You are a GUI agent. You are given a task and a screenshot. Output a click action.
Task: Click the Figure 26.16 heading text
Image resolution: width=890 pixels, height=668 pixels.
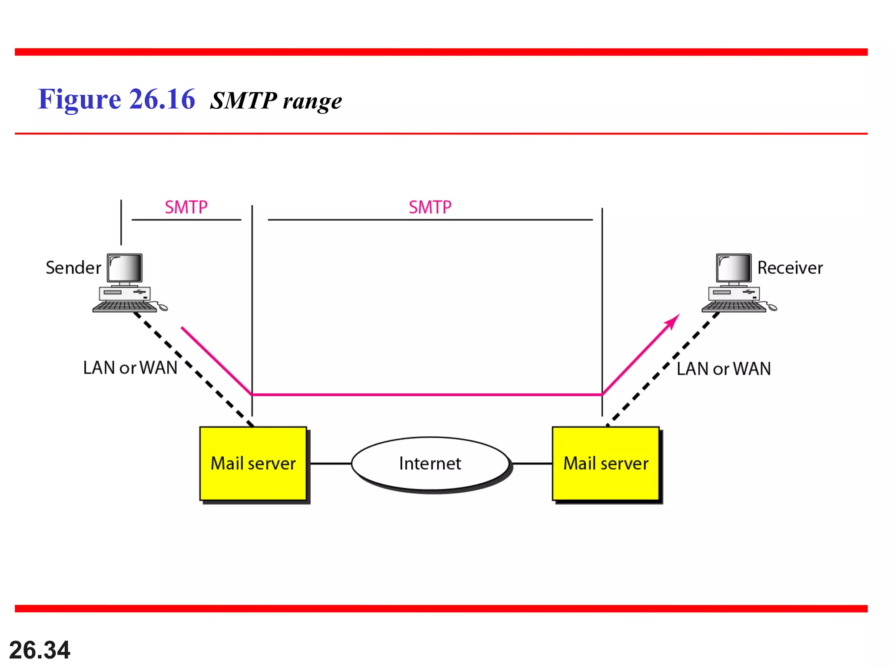116,99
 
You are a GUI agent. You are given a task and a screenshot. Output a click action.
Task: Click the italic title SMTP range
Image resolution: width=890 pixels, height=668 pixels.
276,100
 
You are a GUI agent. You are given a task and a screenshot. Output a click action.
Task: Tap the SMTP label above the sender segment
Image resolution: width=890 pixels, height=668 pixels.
186,207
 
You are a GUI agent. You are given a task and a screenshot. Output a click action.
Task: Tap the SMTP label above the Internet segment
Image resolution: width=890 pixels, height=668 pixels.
430,207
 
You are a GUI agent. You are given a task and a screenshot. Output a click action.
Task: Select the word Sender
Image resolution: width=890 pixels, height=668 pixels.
73,267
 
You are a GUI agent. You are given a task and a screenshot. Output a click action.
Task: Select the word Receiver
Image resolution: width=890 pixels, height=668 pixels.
790,267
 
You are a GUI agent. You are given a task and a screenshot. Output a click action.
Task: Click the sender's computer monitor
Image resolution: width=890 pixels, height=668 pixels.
125,268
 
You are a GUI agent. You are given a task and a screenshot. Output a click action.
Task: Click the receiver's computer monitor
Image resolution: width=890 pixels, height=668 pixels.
734,268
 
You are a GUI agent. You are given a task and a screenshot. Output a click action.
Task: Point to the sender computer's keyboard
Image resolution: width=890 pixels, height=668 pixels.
124,307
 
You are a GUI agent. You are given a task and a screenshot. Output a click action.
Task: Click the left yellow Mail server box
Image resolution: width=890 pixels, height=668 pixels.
253,464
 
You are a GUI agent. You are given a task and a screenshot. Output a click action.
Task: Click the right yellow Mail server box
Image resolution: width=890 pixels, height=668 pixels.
605,464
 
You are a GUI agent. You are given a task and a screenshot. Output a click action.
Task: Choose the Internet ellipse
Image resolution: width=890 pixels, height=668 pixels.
430,464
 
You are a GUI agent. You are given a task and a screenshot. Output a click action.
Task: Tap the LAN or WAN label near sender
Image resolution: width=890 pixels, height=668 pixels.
130,368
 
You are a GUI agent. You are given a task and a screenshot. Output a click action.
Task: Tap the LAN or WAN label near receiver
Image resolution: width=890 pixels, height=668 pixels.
724,369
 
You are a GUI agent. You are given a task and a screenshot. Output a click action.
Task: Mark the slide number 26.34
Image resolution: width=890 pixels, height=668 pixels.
40,650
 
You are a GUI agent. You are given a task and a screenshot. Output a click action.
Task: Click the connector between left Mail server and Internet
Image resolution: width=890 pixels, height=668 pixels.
330,464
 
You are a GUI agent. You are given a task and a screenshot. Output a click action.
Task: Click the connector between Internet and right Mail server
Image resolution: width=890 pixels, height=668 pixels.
532,464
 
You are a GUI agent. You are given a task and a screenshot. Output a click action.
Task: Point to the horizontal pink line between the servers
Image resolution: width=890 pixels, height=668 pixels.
427,394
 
